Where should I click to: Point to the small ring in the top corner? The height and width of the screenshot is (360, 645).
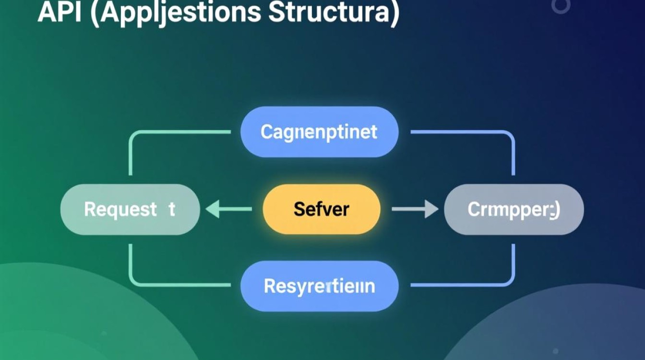(560, 6)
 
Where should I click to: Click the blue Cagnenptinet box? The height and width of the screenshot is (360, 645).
(319, 132)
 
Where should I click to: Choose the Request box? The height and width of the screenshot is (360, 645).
(130, 209)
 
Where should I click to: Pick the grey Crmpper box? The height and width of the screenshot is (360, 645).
(514, 210)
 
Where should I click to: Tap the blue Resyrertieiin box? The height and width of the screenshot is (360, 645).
(319, 286)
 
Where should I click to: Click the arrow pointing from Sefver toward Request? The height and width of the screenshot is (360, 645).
(228, 209)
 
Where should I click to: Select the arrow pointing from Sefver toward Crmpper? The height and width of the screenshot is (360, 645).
(415, 209)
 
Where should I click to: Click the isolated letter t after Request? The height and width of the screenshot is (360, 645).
(172, 209)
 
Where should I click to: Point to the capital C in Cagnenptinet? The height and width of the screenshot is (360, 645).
(267, 132)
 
